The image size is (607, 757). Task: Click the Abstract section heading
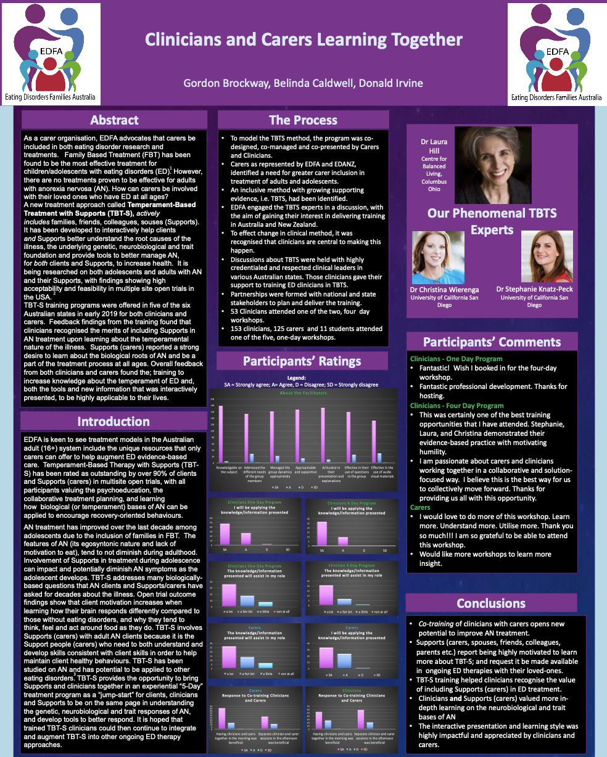[114, 120]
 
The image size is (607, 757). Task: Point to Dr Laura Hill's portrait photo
[492, 165]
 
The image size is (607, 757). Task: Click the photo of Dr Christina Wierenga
[438, 258]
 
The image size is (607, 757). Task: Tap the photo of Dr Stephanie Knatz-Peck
[547, 256]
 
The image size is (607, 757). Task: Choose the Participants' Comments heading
[492, 342]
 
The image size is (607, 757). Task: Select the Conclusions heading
[491, 604]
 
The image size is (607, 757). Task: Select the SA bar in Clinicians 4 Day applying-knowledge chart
[321, 533]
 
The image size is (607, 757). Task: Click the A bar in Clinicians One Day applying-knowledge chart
[246, 538]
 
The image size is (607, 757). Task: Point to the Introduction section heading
[114, 422]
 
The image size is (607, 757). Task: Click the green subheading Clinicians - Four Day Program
[456, 406]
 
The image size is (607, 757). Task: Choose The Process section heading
[303, 120]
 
